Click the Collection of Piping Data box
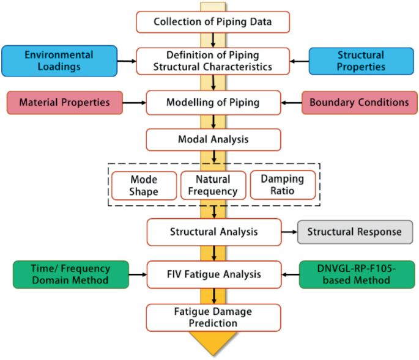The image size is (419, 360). coord(212,23)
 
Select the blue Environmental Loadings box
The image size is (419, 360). coord(59,61)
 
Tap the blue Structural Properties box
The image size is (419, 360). coord(360,61)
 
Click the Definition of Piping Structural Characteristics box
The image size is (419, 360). coord(212,61)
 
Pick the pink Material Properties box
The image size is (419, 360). coord(64,102)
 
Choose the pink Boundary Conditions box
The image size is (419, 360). coord(359,102)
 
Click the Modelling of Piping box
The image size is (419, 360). coord(212,102)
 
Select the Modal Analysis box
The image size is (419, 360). coord(212,139)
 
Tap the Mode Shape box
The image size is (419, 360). coord(144,185)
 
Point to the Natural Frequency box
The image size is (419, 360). coord(212,185)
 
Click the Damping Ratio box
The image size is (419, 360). coord(283,185)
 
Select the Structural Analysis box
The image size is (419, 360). coord(213,232)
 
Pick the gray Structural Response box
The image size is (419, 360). coord(354,232)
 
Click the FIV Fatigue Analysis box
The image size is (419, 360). coord(213,274)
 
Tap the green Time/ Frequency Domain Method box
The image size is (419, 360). coord(70,274)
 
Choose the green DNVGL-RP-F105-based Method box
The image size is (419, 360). coord(357,274)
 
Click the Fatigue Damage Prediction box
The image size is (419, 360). coord(213,317)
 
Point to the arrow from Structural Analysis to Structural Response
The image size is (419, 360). coord(289,232)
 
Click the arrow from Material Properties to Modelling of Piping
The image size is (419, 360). coord(134,102)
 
